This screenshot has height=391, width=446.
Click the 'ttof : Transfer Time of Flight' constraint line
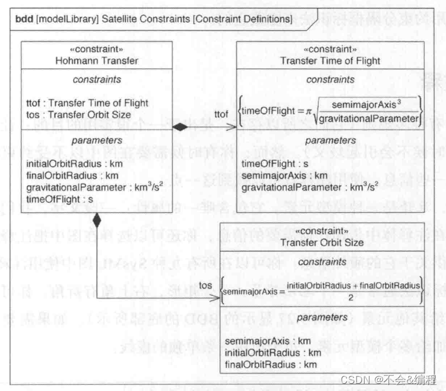pos(79,103)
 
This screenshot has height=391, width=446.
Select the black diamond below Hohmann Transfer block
pos(97,221)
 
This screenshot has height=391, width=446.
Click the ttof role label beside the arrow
pos(222,113)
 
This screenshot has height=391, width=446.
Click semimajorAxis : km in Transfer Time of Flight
pos(275,175)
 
